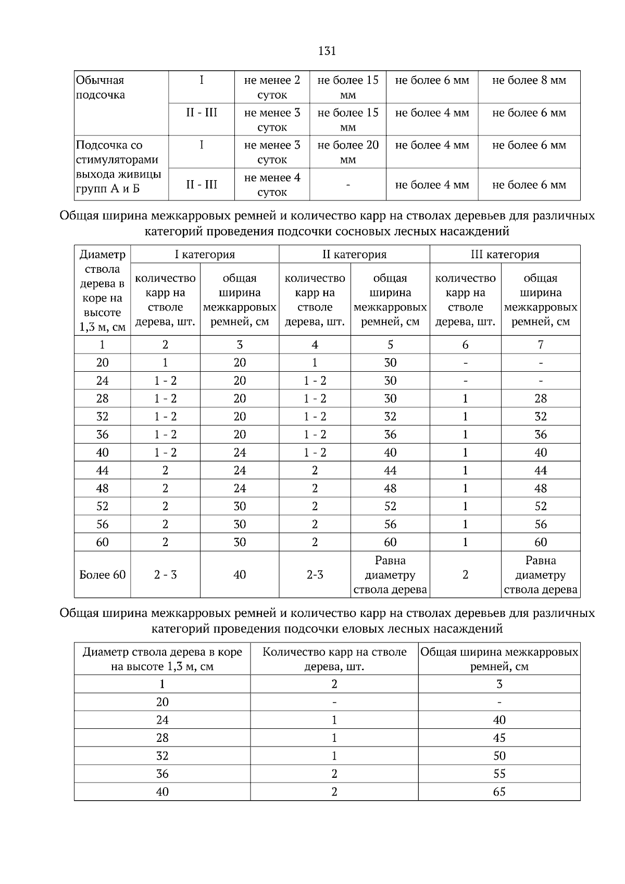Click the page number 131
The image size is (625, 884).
pos(327,51)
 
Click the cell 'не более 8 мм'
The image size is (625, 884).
pos(529,80)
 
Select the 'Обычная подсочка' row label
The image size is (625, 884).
pos(101,87)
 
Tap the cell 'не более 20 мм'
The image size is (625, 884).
pos(348,152)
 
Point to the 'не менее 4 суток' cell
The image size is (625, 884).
pos(272,185)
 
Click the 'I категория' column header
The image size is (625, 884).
pos(205,255)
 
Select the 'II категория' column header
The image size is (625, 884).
pos(354,255)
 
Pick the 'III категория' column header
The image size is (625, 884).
pos(505,255)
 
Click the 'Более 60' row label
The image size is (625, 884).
pos(103,575)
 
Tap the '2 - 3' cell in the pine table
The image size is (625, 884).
pos(165,575)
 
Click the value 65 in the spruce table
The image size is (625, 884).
pos(499,792)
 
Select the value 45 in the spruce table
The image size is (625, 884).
pos(499,738)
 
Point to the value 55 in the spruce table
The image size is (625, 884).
pos(499,774)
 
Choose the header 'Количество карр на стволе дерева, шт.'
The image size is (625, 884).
pos(334,659)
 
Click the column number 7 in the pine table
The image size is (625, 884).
pos(541,345)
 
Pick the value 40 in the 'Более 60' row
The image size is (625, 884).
pos(240,575)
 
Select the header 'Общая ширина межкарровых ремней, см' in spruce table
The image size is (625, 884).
pos(499,659)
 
